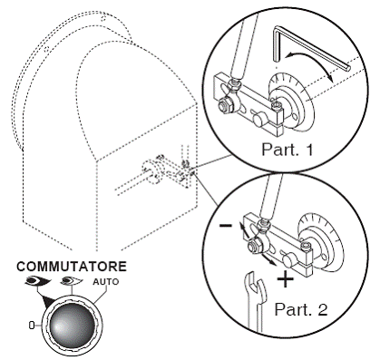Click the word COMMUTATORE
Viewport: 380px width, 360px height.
pyautogui.click(x=72, y=267)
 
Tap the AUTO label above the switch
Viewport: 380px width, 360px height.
pyautogui.click(x=106, y=282)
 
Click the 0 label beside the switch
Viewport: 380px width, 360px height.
pyautogui.click(x=32, y=326)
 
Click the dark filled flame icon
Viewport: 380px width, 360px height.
pyautogui.click(x=37, y=281)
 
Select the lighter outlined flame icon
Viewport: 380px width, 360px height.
pyautogui.click(x=72, y=281)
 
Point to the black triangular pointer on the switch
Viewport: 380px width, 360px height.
pyautogui.click(x=48, y=301)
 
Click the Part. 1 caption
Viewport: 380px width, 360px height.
pyautogui.click(x=287, y=149)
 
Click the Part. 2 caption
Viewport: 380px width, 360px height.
pyautogui.click(x=301, y=309)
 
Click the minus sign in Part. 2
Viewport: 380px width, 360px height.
pyautogui.click(x=226, y=226)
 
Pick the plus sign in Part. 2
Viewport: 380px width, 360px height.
pyautogui.click(x=285, y=278)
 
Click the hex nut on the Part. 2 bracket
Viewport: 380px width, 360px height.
pyautogui.click(x=253, y=246)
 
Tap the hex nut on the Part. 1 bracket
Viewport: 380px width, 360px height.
pyautogui.click(x=226, y=106)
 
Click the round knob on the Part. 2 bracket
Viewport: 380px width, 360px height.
pyautogui.click(x=289, y=260)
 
